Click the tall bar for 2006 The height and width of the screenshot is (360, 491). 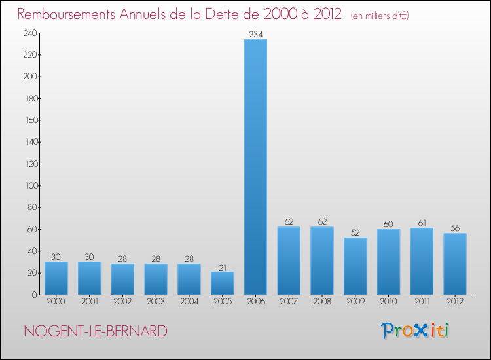(x=255, y=167)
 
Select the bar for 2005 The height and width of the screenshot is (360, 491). (x=222, y=283)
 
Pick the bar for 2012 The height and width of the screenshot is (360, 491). (x=454, y=264)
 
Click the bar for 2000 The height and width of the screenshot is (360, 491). (x=56, y=278)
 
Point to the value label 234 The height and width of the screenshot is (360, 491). (x=255, y=34)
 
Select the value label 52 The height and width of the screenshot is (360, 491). (x=355, y=232)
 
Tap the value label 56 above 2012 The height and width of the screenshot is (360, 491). (x=454, y=228)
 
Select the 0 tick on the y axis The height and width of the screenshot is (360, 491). (x=33, y=295)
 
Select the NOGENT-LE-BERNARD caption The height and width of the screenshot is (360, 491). (x=96, y=331)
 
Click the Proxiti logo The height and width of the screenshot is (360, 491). (x=415, y=331)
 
